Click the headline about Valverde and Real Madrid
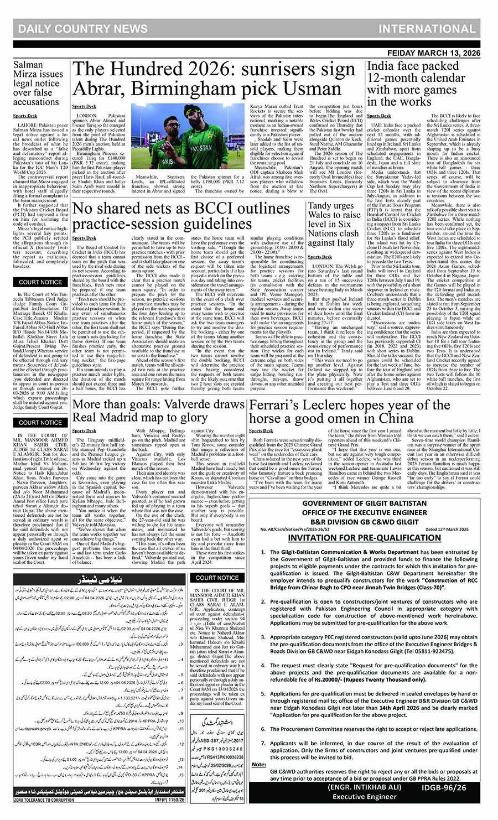click(x=158, y=411)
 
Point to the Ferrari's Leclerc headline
click(x=350, y=411)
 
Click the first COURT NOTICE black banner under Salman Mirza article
click(x=41, y=282)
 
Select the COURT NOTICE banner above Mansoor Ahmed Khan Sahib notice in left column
click(x=41, y=422)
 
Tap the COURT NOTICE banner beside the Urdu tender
click(x=217, y=578)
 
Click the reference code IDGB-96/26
click(x=444, y=788)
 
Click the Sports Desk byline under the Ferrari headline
click(x=261, y=431)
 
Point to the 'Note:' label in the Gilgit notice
click(x=259, y=764)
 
